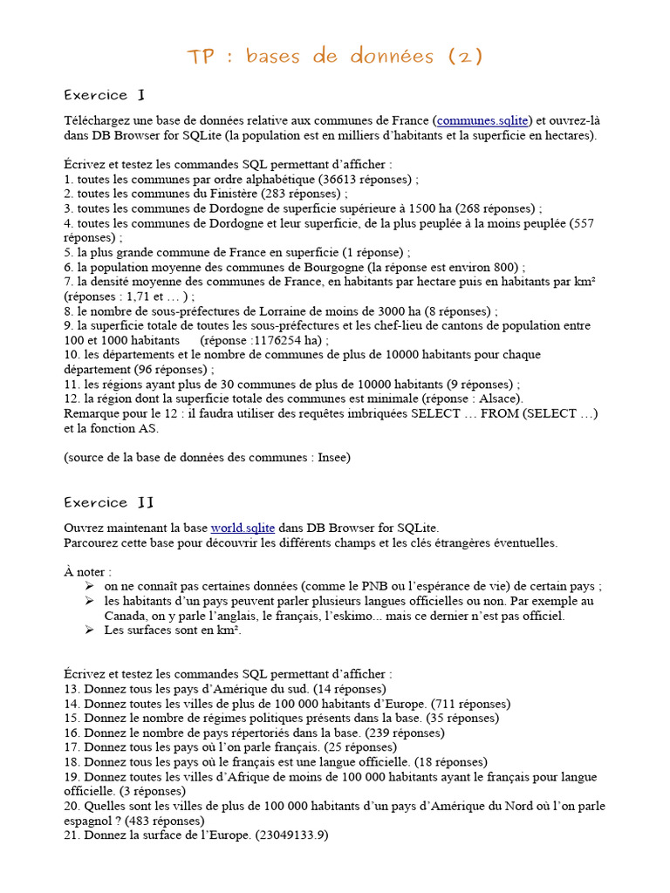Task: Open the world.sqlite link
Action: (243, 528)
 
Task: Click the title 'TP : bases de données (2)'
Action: (334, 57)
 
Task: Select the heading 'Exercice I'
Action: (96, 95)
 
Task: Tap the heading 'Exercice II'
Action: (109, 502)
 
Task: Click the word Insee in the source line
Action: (332, 457)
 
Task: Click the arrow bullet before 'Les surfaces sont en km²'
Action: (90, 631)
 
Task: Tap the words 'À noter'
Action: (87, 571)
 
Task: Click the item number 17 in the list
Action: (72, 747)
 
